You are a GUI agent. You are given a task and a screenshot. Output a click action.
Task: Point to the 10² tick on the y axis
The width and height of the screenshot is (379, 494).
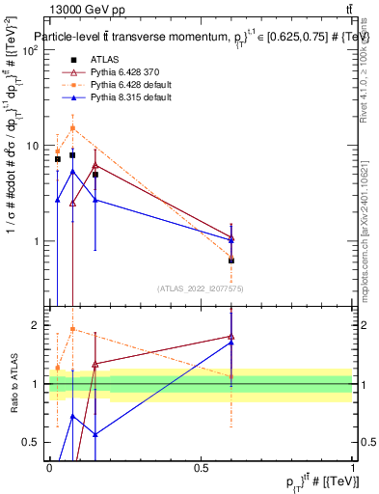(32, 50)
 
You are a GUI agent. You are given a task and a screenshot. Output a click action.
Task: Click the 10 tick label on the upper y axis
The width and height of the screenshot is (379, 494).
(34, 146)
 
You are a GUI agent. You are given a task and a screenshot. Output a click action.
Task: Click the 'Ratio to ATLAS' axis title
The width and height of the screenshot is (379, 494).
(13, 384)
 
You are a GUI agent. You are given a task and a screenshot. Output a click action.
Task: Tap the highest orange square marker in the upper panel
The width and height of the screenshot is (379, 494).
(72, 127)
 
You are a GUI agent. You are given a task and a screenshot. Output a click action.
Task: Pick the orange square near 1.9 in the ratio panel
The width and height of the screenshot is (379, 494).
(72, 329)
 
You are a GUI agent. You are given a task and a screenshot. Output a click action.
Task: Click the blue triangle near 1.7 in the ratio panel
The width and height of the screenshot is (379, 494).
(231, 343)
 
